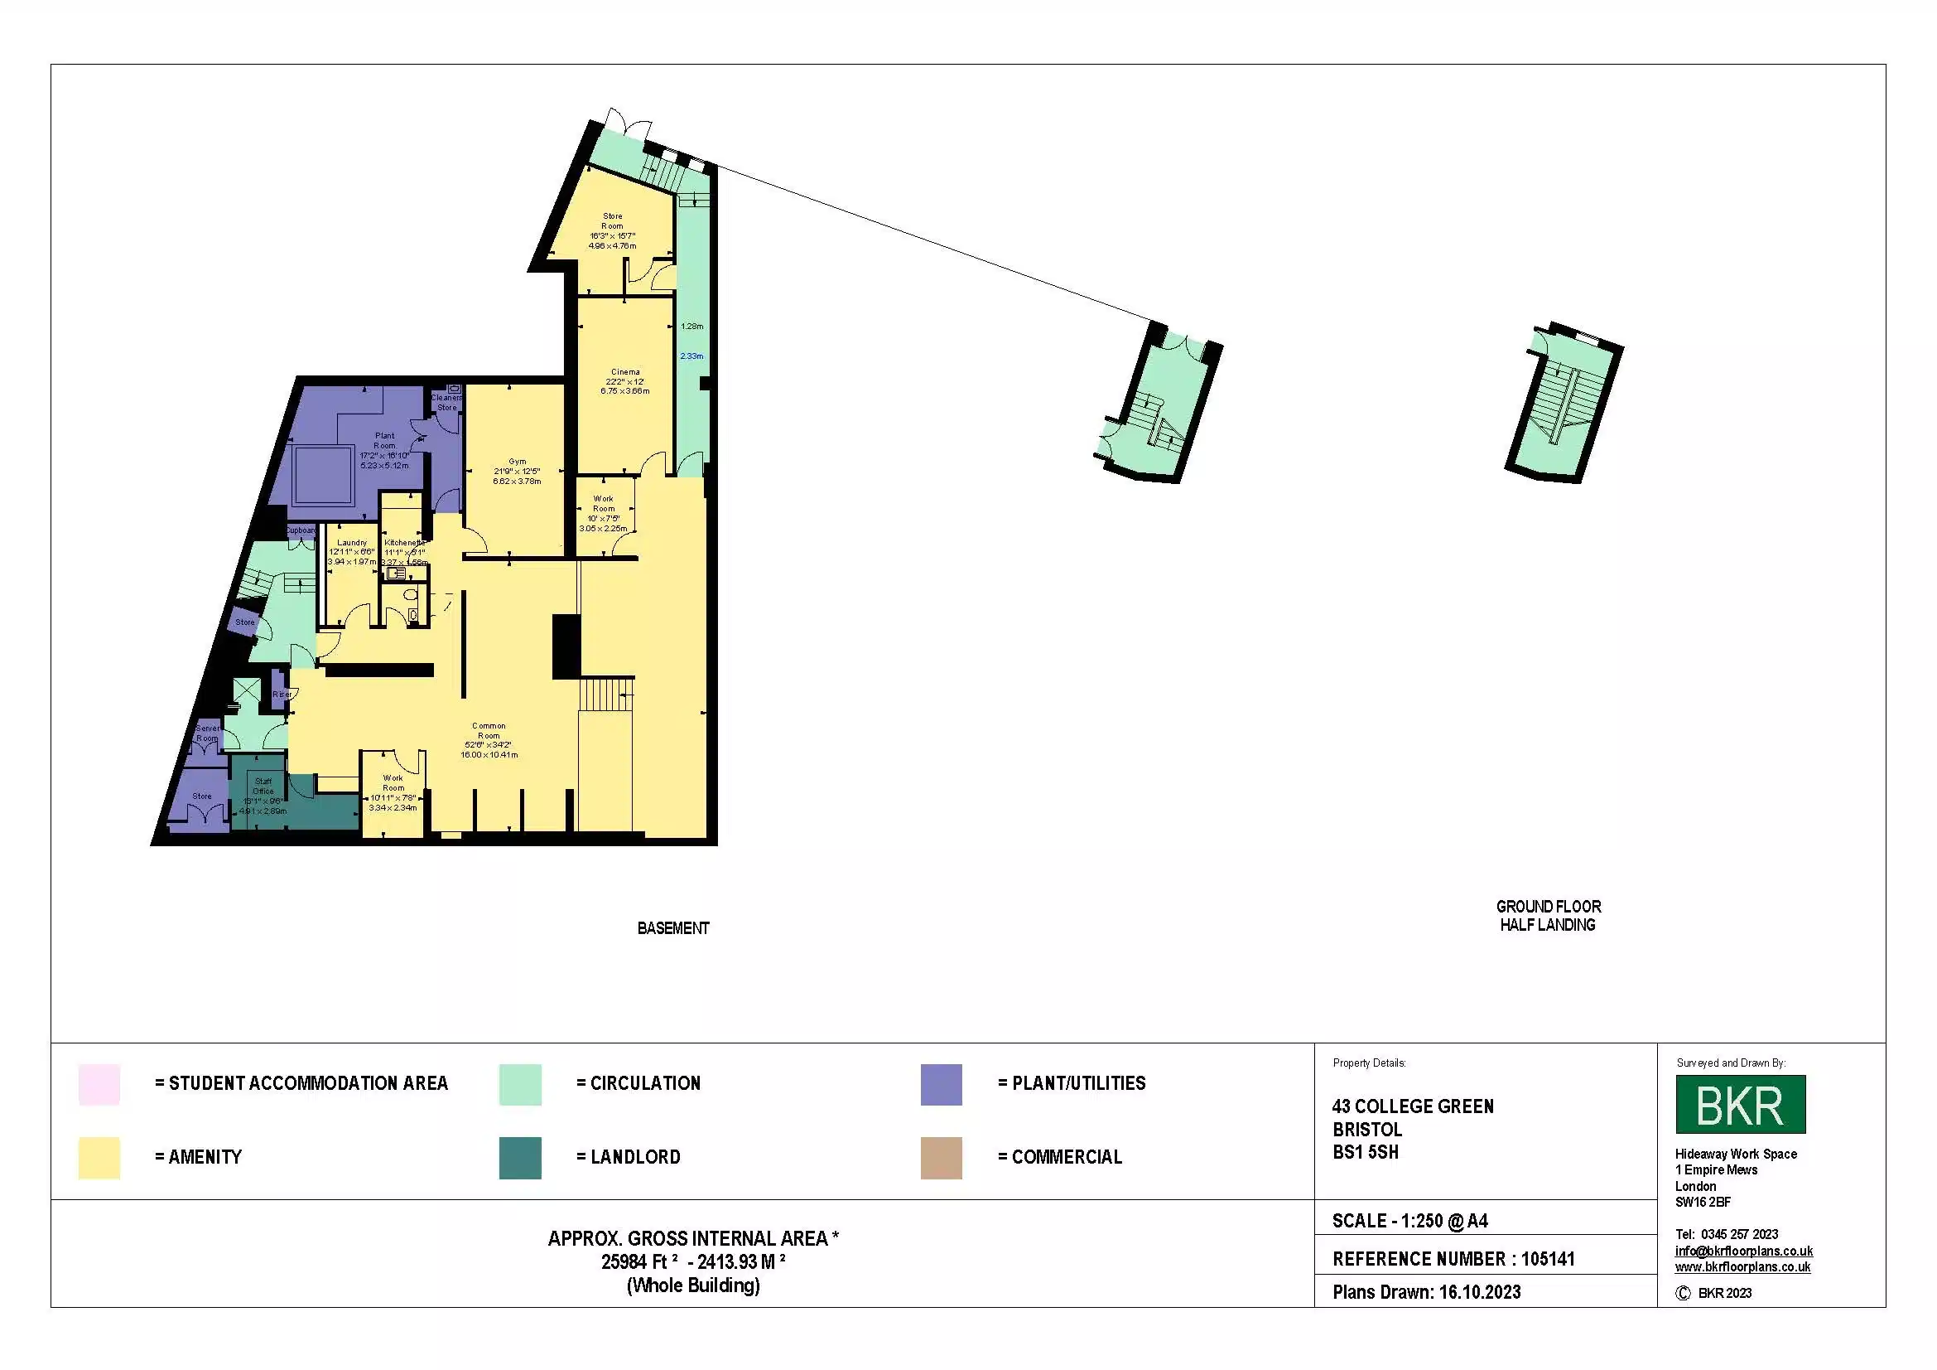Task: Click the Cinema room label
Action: click(x=625, y=372)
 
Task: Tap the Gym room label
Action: click(x=517, y=462)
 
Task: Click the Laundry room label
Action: click(x=352, y=543)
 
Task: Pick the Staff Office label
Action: click(x=263, y=787)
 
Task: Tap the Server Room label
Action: click(x=208, y=733)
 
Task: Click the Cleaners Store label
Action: click(x=446, y=403)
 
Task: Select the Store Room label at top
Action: click(x=613, y=221)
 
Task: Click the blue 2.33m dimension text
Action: click(x=691, y=356)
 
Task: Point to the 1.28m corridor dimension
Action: click(x=691, y=326)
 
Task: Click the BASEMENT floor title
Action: click(x=673, y=928)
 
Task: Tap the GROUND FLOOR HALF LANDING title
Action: click(x=1548, y=916)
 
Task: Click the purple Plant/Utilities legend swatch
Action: click(x=941, y=1084)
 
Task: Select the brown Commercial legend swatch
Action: click(x=941, y=1157)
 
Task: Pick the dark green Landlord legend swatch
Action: click(x=520, y=1157)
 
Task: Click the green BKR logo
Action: click(x=1740, y=1104)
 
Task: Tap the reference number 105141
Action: click(x=1547, y=1260)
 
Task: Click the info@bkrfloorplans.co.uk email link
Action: click(x=1743, y=1251)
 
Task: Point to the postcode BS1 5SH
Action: click(x=1365, y=1152)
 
